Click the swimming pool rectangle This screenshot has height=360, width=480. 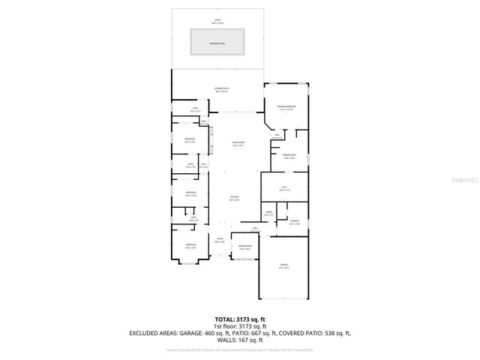pos(218,42)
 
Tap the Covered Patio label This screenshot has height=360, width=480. pos(221,89)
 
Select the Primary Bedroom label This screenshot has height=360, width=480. pos(286,108)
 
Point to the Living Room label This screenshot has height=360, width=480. pos(238,144)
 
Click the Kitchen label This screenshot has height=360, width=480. pos(234,199)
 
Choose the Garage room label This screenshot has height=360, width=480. pos(284,266)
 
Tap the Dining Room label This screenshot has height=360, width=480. pos(244,248)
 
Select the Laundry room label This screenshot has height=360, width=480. pos(295,222)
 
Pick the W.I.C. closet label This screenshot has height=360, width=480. pos(284,189)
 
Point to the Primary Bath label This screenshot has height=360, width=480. pos(289,157)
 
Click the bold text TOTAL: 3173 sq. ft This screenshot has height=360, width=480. pos(239,319)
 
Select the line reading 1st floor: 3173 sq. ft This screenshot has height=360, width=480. pos(239,325)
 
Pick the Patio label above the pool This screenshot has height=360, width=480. pos(218,22)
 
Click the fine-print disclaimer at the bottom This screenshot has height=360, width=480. pos(239,349)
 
